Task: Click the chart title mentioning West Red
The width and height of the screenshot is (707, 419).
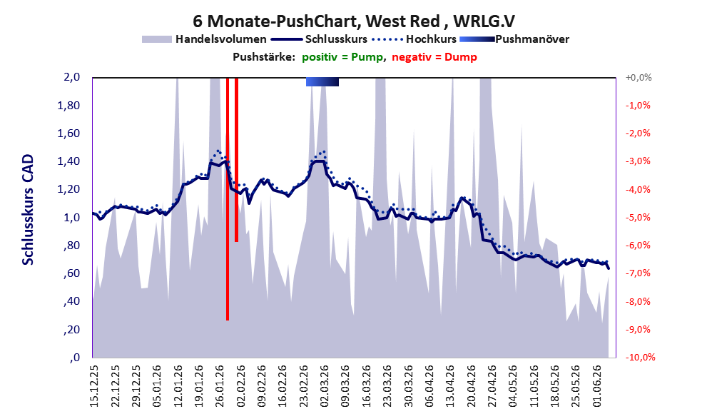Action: point(354,21)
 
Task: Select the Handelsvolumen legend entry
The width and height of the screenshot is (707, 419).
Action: point(204,39)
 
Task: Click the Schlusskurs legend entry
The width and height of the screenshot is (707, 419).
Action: point(319,39)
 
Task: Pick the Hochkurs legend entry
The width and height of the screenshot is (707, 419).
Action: point(414,39)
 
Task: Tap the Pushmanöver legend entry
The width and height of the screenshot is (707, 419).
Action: point(514,39)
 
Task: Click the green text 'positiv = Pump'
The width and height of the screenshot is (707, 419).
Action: point(342,57)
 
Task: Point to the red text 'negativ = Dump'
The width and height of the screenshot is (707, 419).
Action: point(434,57)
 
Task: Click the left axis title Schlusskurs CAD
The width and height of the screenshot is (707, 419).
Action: point(28,210)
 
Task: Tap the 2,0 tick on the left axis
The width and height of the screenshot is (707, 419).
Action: point(71,77)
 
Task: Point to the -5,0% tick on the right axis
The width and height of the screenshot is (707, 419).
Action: point(638,218)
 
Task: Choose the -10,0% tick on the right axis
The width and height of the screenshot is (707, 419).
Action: point(640,357)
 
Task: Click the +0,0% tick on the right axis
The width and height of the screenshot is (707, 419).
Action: point(639,78)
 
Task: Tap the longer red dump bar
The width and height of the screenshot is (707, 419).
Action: point(228,199)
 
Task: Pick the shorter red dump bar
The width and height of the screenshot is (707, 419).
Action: point(236,160)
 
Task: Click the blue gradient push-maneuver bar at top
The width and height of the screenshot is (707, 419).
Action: point(322,81)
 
